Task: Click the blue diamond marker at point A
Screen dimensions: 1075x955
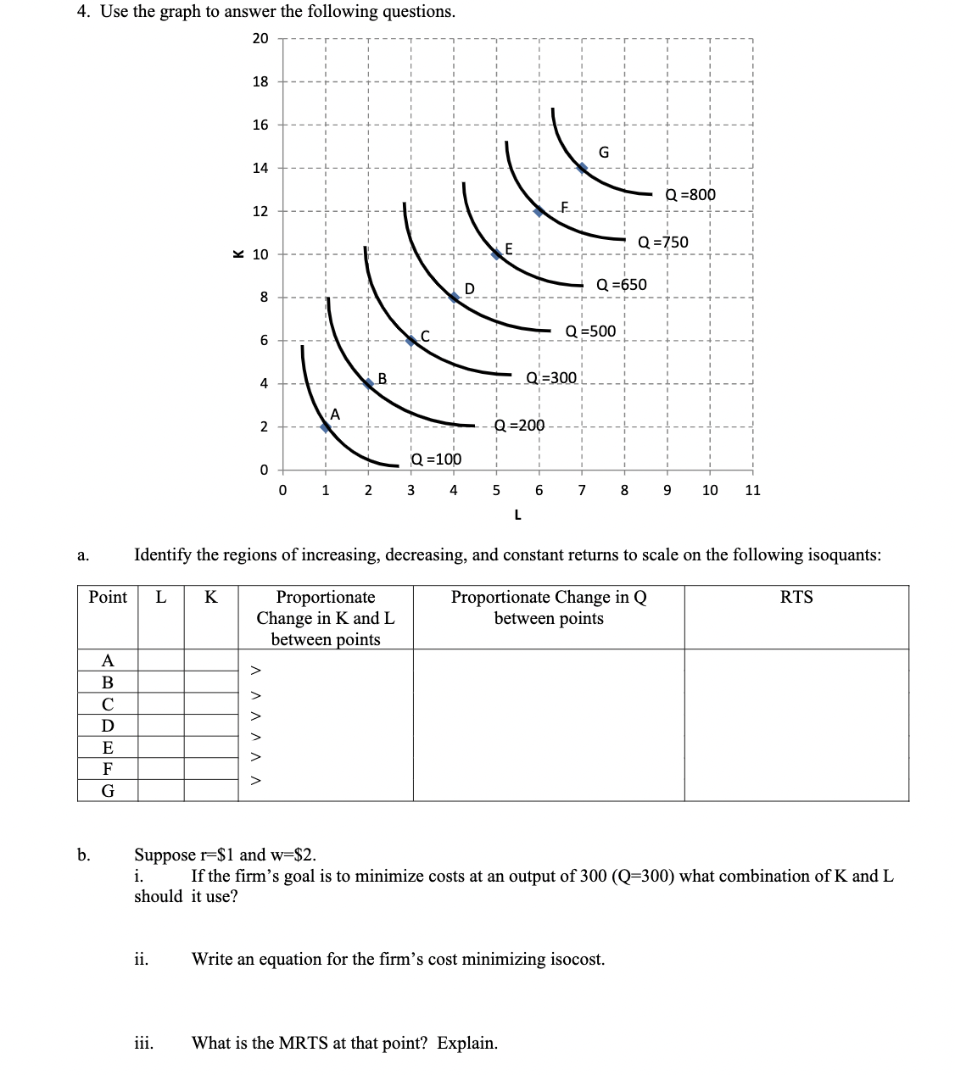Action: [x=326, y=427]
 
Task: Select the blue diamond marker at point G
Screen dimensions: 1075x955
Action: [x=582, y=168]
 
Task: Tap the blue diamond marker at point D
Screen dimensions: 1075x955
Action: [x=455, y=297]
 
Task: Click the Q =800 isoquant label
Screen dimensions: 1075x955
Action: [x=690, y=195]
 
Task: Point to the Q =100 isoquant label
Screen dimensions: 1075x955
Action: [x=436, y=460]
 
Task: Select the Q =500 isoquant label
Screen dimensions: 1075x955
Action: [x=590, y=331]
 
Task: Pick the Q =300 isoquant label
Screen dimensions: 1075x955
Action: [x=551, y=377]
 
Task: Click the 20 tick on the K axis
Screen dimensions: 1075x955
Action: [x=260, y=38]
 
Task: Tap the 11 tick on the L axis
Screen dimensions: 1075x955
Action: [x=752, y=490]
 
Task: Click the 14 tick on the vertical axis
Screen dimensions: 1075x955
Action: [x=260, y=168]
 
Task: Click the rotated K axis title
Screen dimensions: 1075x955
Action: [x=238, y=252]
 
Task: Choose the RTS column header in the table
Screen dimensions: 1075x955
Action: [x=796, y=597]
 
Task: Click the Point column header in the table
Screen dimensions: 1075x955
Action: [x=108, y=597]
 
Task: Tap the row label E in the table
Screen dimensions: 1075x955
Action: [x=108, y=747]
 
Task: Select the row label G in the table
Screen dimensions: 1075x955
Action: [x=108, y=791]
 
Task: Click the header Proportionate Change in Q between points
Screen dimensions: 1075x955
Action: [x=549, y=607]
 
